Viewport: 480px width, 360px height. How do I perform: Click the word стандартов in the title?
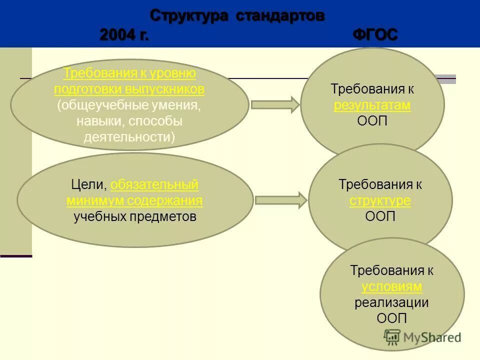[x=280, y=15]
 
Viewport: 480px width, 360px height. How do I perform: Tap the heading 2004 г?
[x=124, y=35]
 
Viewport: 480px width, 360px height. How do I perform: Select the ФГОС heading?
[x=375, y=35]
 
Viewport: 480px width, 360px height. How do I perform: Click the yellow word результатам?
[x=372, y=105]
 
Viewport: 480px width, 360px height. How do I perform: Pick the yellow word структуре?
[x=380, y=201]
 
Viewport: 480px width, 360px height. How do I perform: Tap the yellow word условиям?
[x=391, y=287]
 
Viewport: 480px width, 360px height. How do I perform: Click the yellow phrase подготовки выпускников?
[x=129, y=89]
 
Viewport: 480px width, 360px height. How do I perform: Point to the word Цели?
[x=88, y=185]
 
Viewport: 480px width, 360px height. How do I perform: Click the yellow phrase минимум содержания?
[x=134, y=201]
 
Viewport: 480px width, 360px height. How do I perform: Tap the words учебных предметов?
[x=135, y=217]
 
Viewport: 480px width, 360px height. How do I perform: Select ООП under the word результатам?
[x=372, y=121]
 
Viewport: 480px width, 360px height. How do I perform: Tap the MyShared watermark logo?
[x=422, y=337]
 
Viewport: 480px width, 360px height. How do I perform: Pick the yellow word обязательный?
[x=154, y=185]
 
